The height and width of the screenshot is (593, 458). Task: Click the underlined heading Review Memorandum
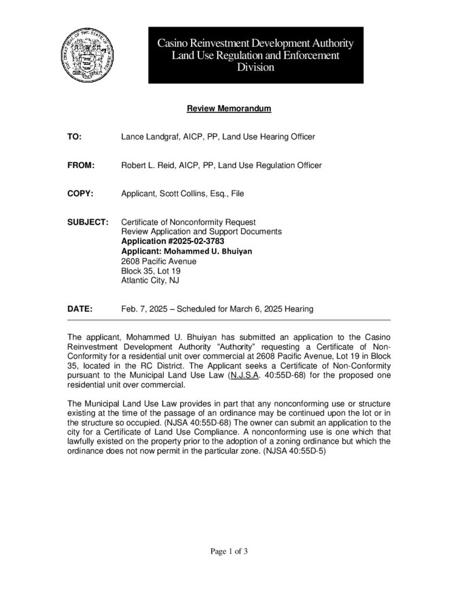tap(229, 108)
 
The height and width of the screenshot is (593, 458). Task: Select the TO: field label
tap(75, 137)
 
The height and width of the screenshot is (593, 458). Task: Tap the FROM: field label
tap(81, 166)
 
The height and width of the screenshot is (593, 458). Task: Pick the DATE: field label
tap(80, 309)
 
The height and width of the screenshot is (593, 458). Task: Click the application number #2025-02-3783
tap(195, 241)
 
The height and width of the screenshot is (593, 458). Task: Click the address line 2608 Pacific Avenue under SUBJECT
tap(159, 261)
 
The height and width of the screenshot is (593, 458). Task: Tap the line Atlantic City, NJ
tap(149, 281)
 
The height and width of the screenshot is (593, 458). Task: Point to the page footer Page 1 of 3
tap(229, 551)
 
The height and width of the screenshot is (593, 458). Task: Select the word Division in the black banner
tap(256, 67)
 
